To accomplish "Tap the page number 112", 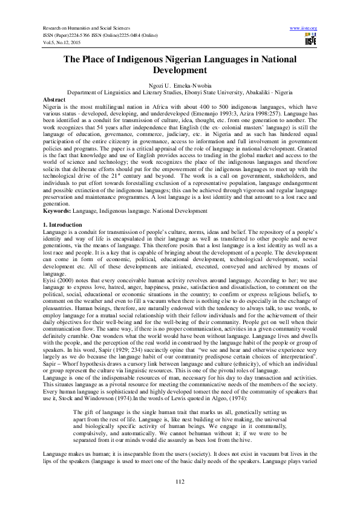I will pyautogui.click(x=180, y=481).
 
